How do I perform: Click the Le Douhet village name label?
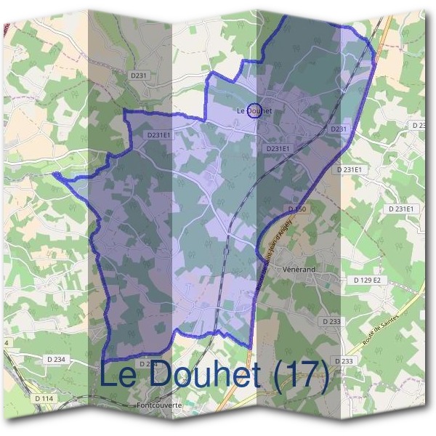[254, 111]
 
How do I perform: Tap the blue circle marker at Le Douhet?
[254, 111]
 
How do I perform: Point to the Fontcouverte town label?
[158, 405]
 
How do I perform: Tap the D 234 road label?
[54, 359]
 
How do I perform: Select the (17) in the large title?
[299, 376]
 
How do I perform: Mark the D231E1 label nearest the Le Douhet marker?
[278, 148]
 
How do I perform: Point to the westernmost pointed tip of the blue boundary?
[54, 174]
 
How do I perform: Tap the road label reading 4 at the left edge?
[6, 342]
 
